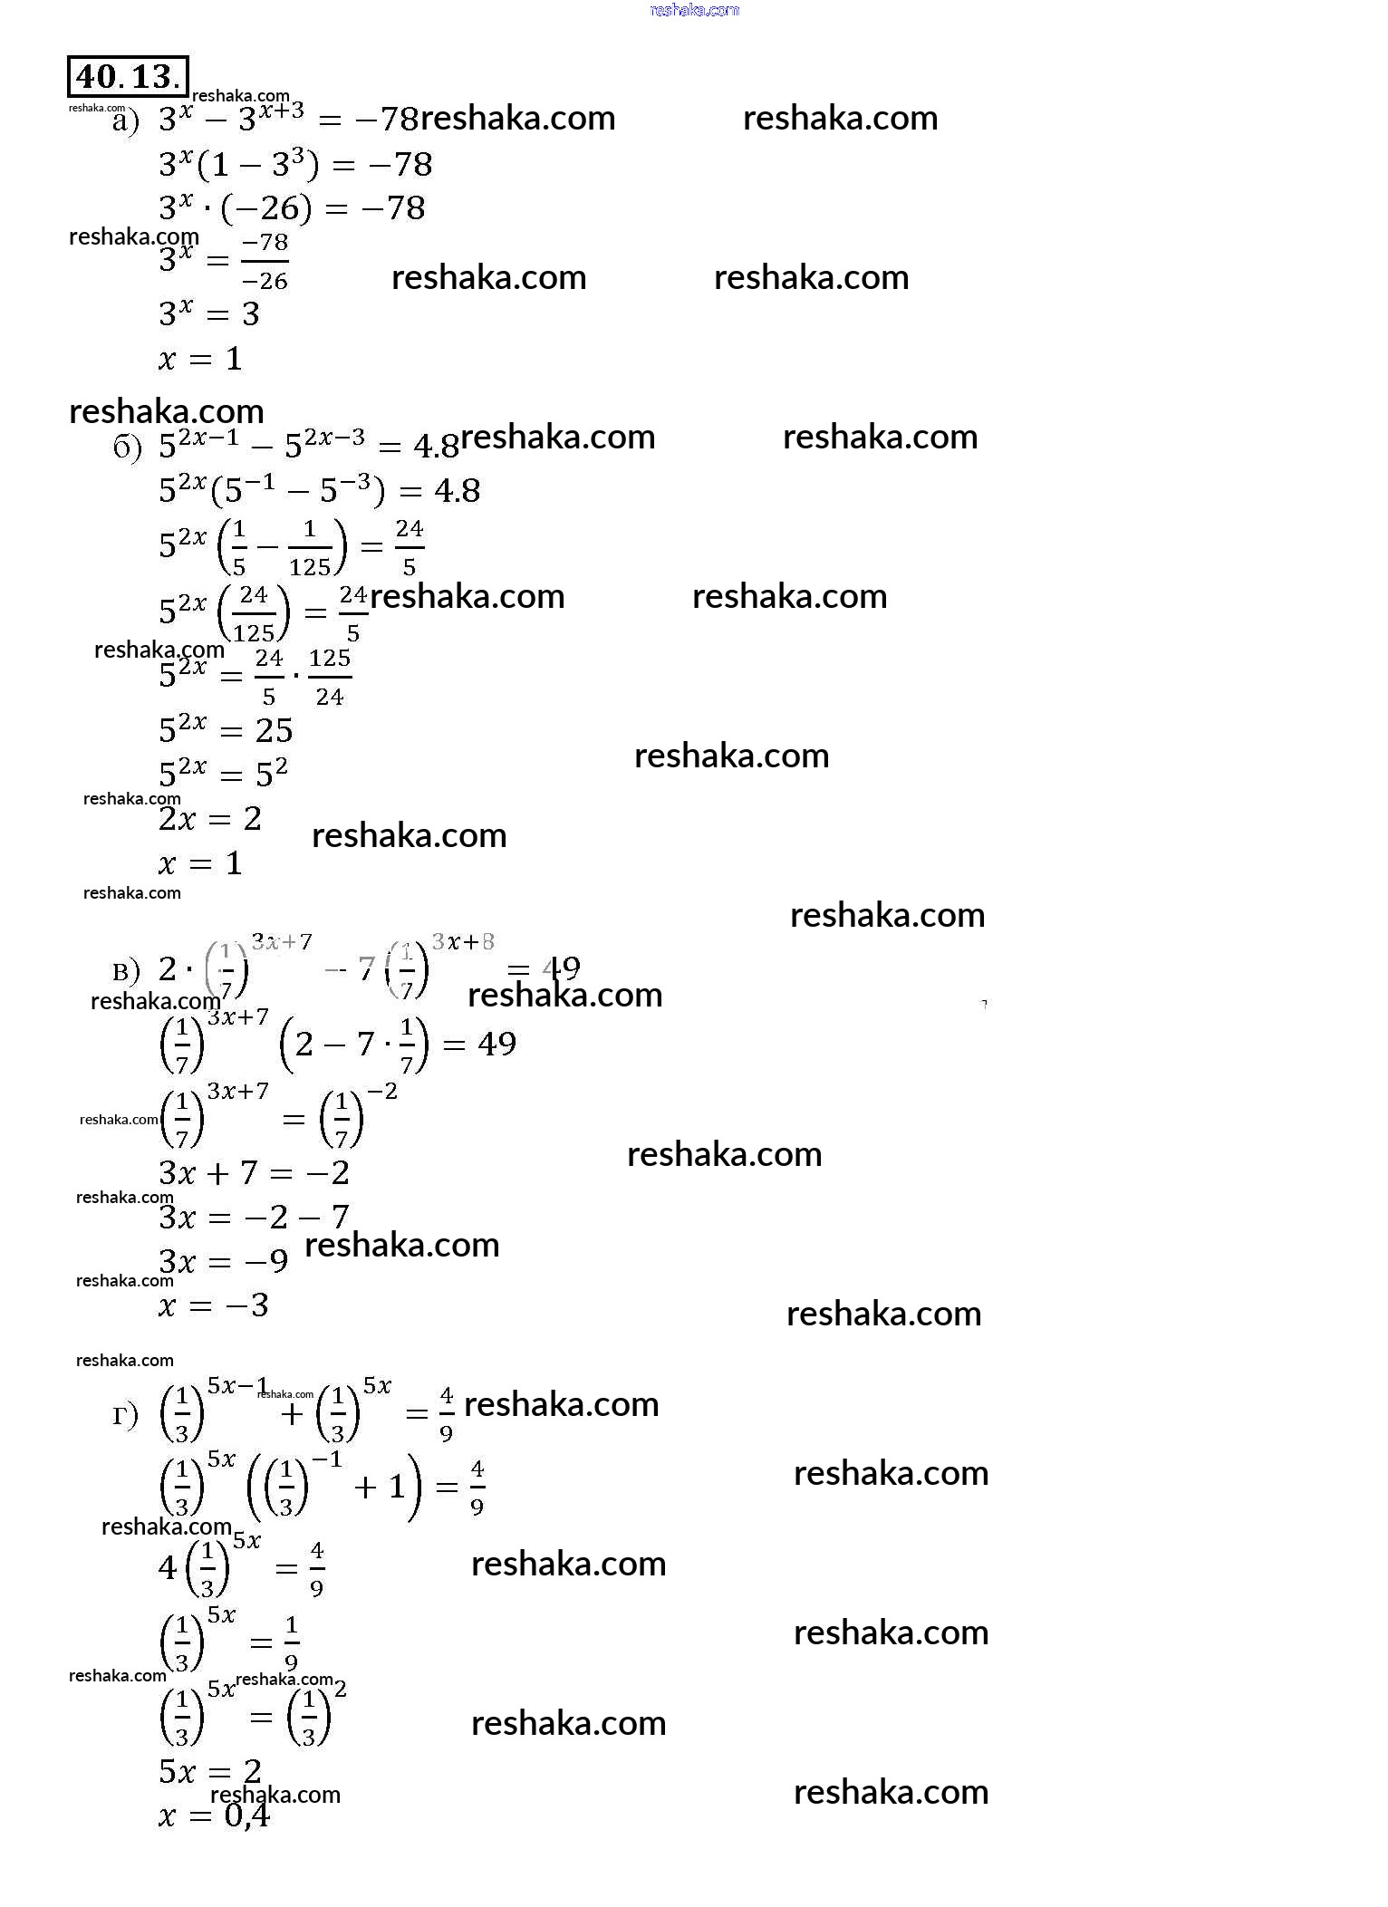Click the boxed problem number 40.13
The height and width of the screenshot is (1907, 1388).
coord(128,77)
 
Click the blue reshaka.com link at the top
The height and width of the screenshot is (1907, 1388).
coord(695,10)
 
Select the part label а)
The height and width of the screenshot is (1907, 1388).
coord(126,121)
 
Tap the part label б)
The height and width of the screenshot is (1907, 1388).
coord(128,448)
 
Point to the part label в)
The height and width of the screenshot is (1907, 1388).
coord(126,972)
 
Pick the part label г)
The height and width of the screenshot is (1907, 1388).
coord(125,1415)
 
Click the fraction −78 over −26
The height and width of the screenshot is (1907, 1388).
coord(265,262)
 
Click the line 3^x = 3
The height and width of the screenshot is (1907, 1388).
coord(209,313)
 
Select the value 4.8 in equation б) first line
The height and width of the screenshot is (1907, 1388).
coord(436,446)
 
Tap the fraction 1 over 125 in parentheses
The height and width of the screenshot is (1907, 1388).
coord(310,548)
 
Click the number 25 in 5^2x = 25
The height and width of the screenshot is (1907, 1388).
coord(274,730)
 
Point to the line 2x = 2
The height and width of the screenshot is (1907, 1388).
coord(210,819)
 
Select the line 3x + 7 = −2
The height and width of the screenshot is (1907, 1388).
coord(254,1173)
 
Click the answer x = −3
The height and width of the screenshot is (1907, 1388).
coord(214,1305)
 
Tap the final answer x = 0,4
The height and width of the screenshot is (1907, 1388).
coord(214,1816)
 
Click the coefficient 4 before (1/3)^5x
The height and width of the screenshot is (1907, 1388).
coord(168,1567)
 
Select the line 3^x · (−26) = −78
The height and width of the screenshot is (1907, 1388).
coord(292,208)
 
